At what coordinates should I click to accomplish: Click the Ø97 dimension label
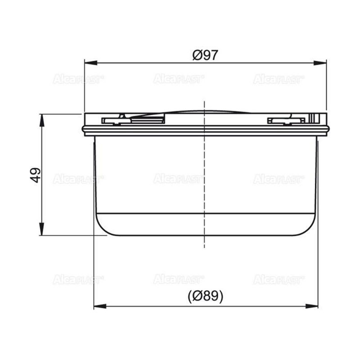click(x=205, y=55)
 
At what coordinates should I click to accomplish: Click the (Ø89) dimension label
click(x=205, y=296)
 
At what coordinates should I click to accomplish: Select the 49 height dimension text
click(x=36, y=175)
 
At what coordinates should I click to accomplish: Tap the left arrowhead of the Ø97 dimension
click(x=91, y=63)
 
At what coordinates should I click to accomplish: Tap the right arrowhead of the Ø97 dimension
click(x=320, y=63)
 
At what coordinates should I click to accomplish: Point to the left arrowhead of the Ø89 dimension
click(x=100, y=306)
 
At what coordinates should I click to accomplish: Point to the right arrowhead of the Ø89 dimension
click(x=312, y=306)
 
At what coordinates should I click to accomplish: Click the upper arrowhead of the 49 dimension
click(x=41, y=120)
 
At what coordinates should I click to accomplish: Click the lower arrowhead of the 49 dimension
click(x=41, y=229)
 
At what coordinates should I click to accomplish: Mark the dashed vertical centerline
click(x=204, y=175)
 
